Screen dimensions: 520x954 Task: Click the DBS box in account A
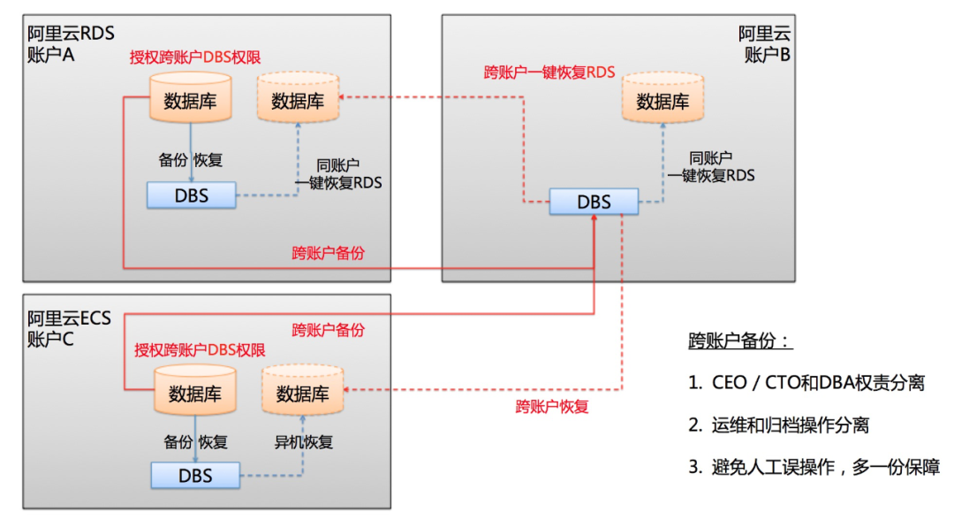(x=192, y=195)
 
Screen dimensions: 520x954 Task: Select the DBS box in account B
(x=594, y=202)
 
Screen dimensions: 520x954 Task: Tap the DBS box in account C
(x=195, y=476)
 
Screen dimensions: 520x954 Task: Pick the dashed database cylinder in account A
(x=298, y=99)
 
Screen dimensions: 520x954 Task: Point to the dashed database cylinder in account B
(x=662, y=99)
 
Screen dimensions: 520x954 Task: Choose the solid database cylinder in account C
(x=195, y=392)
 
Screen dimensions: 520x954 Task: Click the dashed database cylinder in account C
(x=303, y=392)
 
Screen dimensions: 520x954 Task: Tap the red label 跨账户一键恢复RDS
(x=549, y=73)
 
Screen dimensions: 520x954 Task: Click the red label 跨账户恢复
(x=552, y=407)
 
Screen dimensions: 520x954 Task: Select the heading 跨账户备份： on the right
(x=740, y=342)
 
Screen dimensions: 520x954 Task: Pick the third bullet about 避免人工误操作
(x=814, y=468)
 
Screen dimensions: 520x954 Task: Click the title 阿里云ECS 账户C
(x=69, y=327)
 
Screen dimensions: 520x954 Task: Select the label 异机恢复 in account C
(x=305, y=441)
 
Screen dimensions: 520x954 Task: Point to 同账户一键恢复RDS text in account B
(x=712, y=166)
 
